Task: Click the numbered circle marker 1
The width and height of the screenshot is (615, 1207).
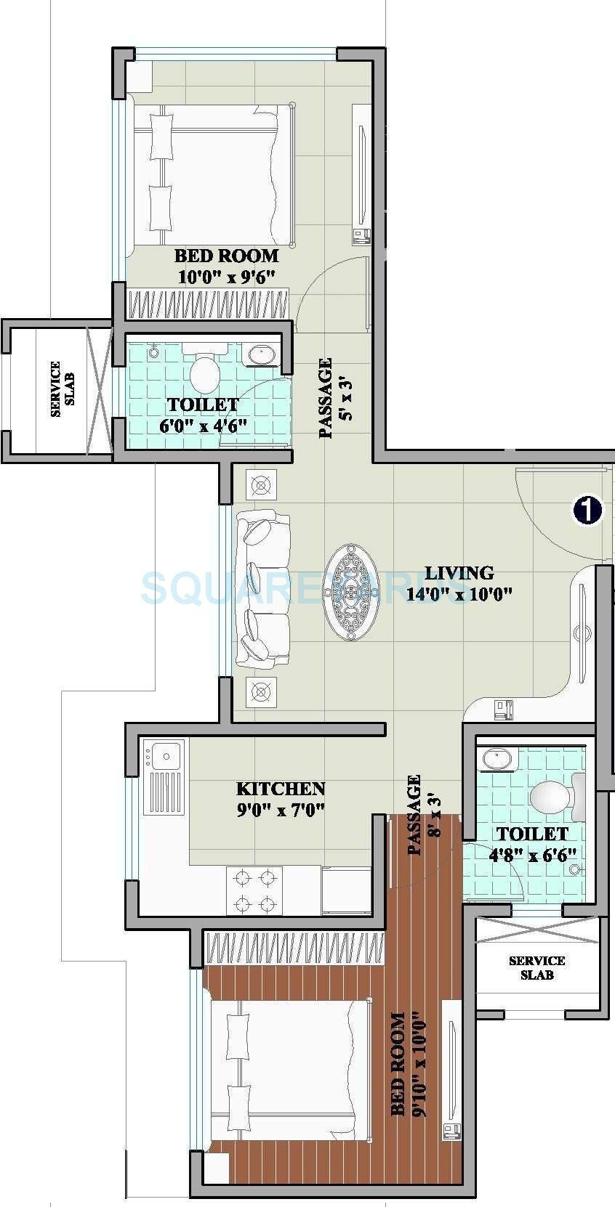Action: point(587,510)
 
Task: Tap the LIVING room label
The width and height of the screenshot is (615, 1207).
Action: point(459,572)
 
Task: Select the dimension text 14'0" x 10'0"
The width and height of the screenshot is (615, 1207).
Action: point(459,594)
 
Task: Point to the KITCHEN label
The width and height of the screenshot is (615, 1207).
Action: point(281,789)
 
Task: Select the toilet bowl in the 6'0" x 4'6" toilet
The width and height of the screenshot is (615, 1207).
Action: point(205,373)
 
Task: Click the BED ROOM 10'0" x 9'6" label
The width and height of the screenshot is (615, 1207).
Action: point(226,266)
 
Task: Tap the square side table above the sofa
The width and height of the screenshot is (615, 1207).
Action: point(261,484)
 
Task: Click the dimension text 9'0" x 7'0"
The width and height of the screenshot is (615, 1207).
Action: point(281,808)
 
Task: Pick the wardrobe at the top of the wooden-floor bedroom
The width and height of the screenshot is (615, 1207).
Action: point(294,949)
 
